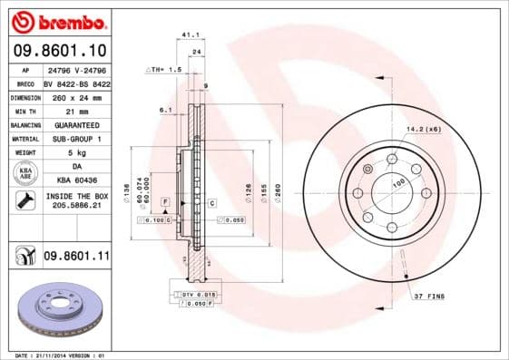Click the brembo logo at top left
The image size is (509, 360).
[x=58, y=20]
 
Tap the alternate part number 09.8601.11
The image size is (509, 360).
[x=76, y=257]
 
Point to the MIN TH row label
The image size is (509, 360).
[x=24, y=110]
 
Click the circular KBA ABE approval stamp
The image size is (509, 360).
[x=24, y=173]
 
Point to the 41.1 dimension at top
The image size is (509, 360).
[x=190, y=35]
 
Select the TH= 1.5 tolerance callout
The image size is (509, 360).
[x=164, y=69]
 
